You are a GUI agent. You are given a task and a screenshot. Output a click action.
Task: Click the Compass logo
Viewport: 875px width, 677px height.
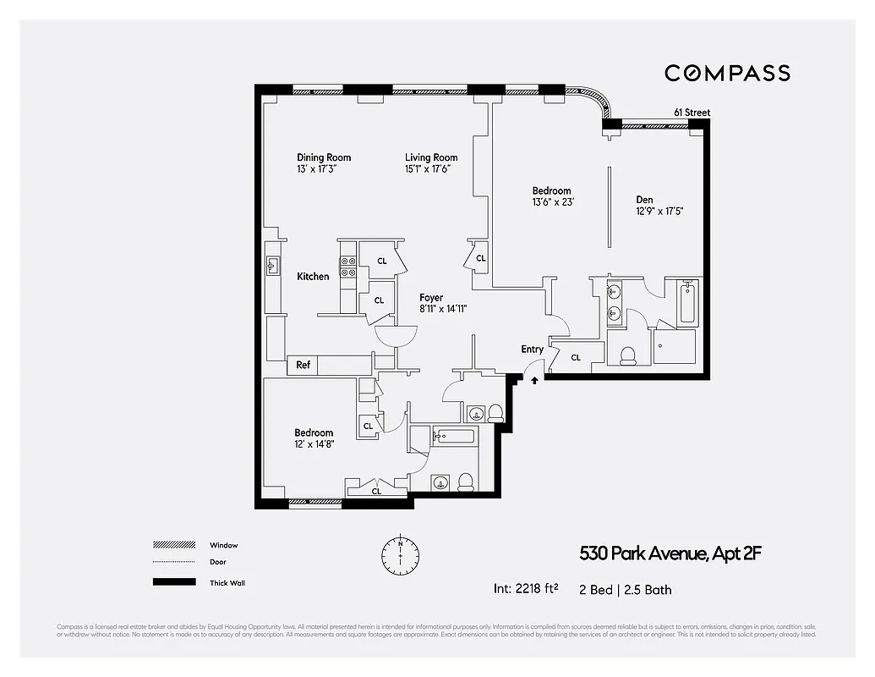click(x=727, y=73)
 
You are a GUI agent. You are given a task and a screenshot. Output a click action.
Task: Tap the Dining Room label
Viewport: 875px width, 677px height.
click(x=324, y=157)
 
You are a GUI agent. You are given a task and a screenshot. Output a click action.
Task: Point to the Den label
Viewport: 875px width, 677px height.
click(x=644, y=200)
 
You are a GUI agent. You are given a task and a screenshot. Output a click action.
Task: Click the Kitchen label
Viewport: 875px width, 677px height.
click(x=313, y=277)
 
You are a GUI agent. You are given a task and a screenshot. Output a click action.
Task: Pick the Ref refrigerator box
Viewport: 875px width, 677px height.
click(x=303, y=366)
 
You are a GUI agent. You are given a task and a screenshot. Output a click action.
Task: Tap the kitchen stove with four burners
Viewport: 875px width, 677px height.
click(x=347, y=267)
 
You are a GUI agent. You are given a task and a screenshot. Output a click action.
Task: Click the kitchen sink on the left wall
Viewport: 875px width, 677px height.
click(x=272, y=267)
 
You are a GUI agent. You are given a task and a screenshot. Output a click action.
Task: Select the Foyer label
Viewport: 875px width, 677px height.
click(x=431, y=298)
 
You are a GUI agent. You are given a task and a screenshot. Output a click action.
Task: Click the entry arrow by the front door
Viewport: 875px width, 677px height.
click(x=534, y=381)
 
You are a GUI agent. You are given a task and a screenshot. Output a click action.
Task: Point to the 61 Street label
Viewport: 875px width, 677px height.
click(x=692, y=113)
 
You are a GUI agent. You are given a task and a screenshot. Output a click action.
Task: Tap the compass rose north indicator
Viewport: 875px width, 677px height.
click(x=401, y=554)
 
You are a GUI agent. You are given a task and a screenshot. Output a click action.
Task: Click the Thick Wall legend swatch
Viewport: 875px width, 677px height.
click(x=173, y=582)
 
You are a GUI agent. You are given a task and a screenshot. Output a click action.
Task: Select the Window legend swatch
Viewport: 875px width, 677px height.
click(x=173, y=545)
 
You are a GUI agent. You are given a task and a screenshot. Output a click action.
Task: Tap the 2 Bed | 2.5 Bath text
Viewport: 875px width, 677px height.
click(x=626, y=589)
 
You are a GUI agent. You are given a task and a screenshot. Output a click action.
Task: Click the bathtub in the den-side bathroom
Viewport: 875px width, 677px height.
click(x=686, y=302)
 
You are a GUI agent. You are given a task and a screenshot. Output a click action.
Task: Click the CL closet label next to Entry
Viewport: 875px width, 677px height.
click(x=576, y=358)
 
